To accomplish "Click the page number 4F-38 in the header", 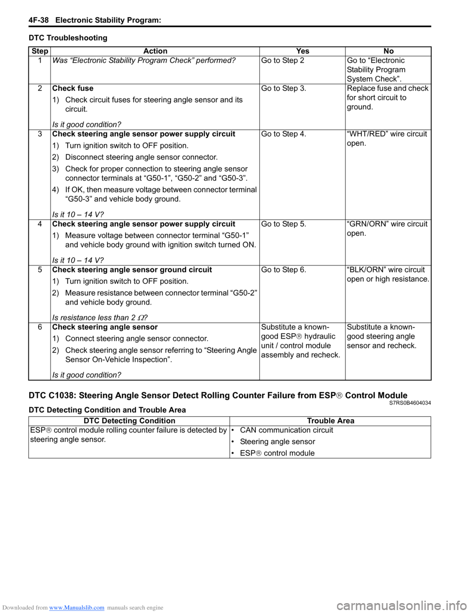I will click(39, 20).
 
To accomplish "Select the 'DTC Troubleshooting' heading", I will click(68, 38).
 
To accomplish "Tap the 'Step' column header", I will click(40, 51).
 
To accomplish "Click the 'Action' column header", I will click(155, 51).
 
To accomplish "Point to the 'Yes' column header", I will click(302, 51).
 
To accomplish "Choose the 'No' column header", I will click(388, 51).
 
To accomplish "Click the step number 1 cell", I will click(40, 61).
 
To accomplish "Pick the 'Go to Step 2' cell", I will click(283, 61).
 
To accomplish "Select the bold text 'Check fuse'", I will click(73, 88).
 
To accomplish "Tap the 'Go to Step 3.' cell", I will click(284, 88).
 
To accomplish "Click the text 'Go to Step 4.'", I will click(284, 134).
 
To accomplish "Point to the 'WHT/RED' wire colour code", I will click(367, 134).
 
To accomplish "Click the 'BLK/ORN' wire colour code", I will click(367, 270).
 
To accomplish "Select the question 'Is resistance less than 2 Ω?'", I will click(100, 318).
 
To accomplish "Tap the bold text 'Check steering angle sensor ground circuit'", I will click(132, 270).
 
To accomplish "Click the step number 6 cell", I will click(40, 327).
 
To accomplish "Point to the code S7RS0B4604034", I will click(410, 403).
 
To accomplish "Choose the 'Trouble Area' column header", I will click(331, 421).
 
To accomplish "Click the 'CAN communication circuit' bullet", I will click(286, 430).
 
